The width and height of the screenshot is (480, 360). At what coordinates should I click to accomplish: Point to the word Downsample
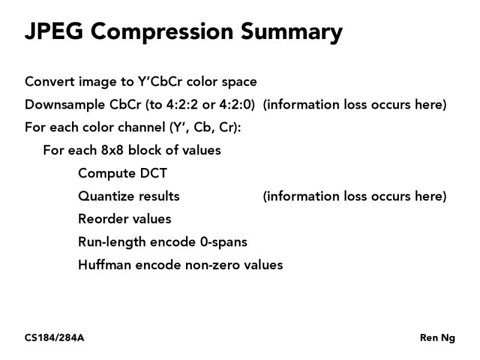64,105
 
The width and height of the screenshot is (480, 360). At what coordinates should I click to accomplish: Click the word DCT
153,173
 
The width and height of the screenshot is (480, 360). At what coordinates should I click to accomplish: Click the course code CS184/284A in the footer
55,338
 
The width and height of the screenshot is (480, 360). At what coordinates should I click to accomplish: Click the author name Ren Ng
437,338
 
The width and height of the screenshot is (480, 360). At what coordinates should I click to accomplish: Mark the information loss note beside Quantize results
355,196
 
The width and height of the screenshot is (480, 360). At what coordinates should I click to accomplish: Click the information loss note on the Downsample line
355,104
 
